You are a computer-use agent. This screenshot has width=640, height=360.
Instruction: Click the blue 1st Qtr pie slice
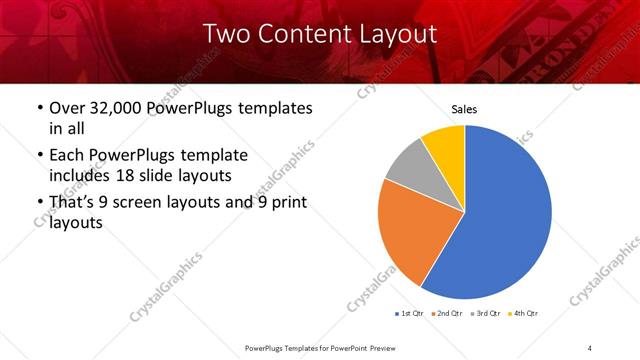(505, 215)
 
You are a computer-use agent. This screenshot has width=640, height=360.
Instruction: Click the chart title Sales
(464, 109)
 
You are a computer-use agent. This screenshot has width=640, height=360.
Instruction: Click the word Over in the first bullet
(68, 108)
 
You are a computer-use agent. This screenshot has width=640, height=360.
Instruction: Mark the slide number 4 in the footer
(590, 347)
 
